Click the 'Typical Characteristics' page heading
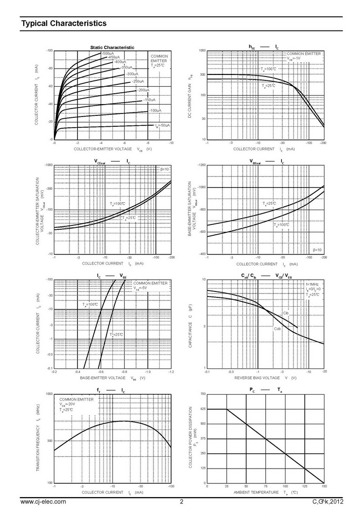64,23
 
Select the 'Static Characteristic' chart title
112,47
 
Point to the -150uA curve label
149,100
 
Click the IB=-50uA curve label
162,126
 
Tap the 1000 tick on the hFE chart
202,51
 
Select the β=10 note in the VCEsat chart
165,169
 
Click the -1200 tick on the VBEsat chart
201,165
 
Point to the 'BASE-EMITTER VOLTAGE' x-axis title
103,378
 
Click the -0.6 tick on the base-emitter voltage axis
101,372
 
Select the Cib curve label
286,313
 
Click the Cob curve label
277,328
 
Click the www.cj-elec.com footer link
43,502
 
